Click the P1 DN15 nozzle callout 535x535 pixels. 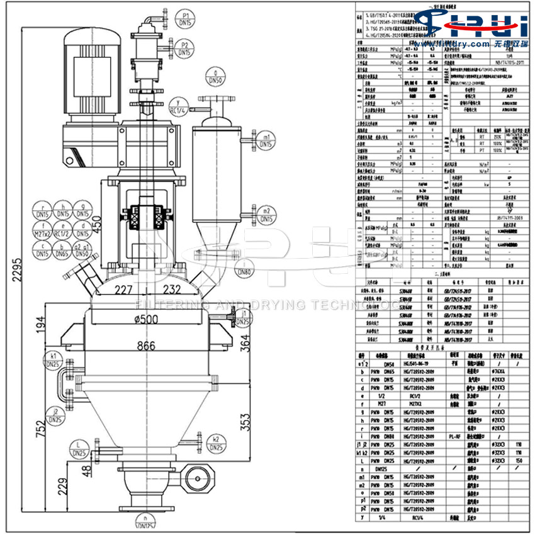point(184,18)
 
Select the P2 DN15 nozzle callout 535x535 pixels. point(184,48)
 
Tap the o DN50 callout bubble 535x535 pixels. point(216,77)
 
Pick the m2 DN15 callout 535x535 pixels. point(266,214)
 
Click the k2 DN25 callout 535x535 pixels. point(216,443)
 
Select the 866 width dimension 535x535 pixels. point(146,345)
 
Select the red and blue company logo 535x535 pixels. point(478,25)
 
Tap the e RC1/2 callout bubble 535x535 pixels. point(62,230)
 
